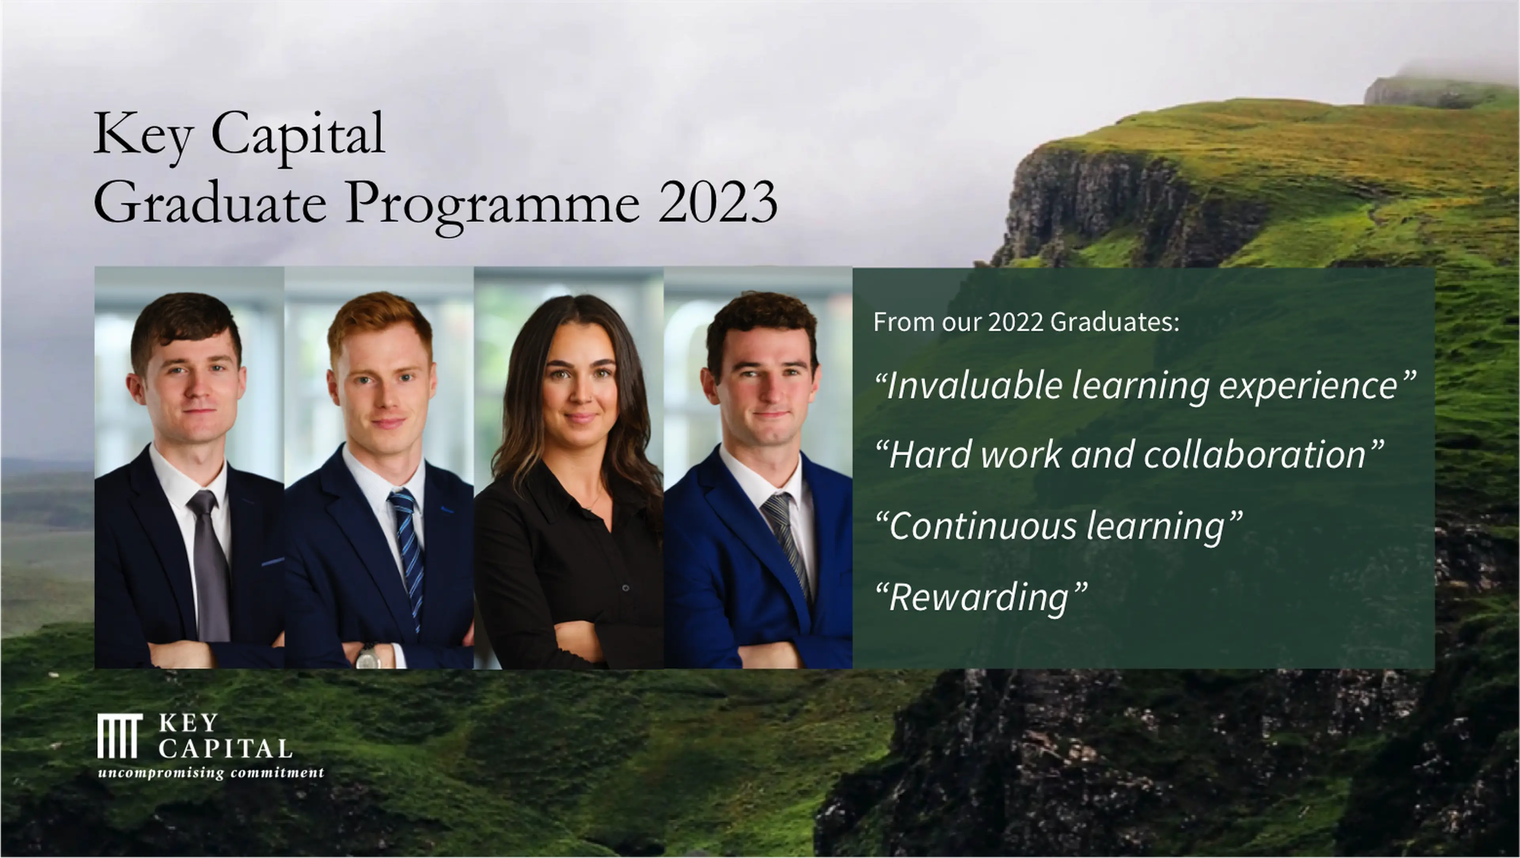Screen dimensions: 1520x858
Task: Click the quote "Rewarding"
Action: (x=980, y=597)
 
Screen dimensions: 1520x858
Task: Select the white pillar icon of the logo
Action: (x=120, y=736)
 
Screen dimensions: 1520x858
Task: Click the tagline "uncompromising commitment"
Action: (x=211, y=773)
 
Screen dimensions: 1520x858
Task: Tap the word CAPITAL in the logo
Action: (x=225, y=749)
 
